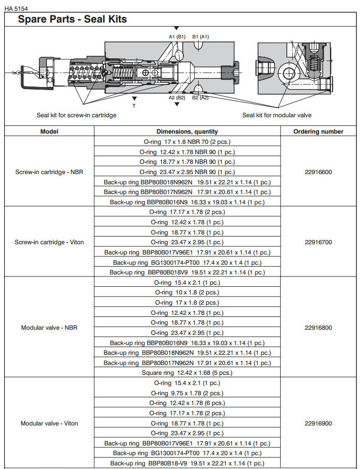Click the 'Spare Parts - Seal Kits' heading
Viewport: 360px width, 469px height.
coord(72,19)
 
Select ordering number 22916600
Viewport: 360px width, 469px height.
coord(318,172)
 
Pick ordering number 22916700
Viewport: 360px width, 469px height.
coord(318,242)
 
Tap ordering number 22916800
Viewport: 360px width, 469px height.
coord(318,327)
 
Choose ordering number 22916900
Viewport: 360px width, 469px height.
coord(318,423)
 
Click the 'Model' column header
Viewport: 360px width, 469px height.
coord(49,132)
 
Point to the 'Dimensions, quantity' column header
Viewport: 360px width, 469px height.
coord(187,132)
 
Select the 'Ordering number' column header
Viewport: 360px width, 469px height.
coord(318,132)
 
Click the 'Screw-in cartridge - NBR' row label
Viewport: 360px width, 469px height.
coord(49,172)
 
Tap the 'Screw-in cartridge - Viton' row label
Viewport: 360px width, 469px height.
coord(49,242)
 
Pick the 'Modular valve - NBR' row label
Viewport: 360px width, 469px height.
coord(49,327)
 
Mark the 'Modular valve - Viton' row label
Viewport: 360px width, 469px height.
coord(49,423)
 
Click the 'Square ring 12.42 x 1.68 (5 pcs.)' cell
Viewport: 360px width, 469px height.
coord(187,373)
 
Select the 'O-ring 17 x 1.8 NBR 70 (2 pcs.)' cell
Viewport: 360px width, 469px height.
coord(187,141)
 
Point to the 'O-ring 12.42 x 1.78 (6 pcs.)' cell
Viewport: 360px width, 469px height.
coord(187,403)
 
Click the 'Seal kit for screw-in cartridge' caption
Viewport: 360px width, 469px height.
coord(76,115)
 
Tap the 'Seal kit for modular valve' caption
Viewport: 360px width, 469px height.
coord(277,115)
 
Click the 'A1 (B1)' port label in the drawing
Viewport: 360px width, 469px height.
coord(177,37)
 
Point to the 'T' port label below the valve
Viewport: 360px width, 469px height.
coord(134,105)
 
